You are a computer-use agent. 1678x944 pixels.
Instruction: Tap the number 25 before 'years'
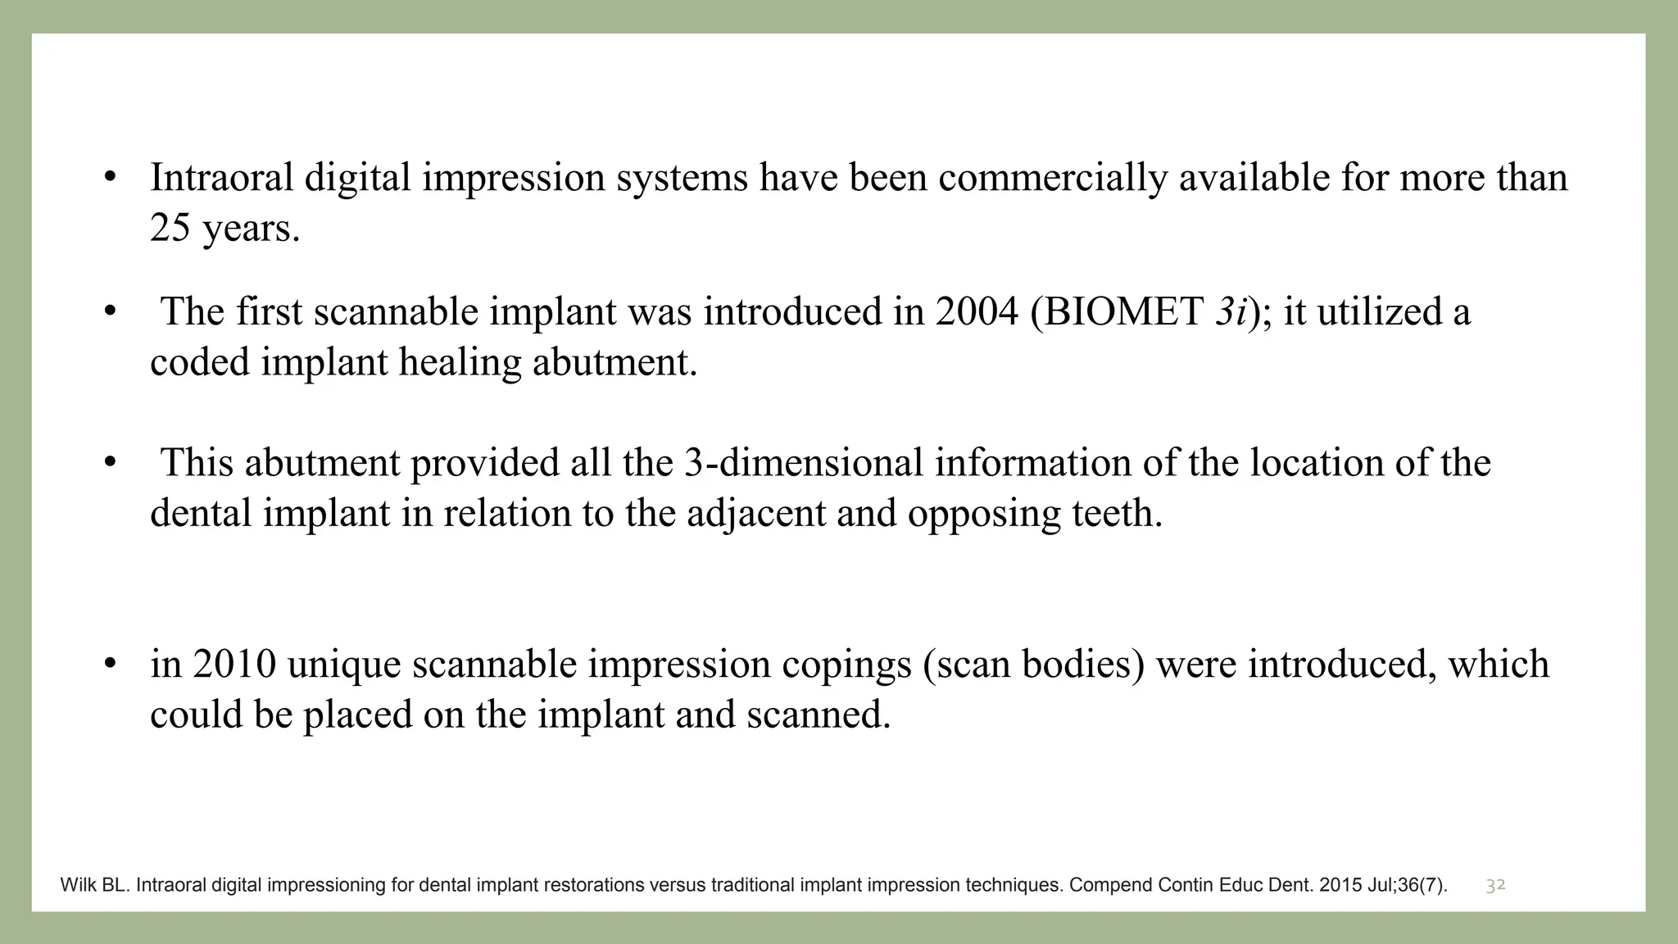170,228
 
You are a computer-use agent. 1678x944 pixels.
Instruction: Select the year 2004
976,312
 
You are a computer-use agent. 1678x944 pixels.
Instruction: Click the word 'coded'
200,363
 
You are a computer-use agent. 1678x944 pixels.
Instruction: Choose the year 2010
234,665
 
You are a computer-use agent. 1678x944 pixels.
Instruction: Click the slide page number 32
1495,885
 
